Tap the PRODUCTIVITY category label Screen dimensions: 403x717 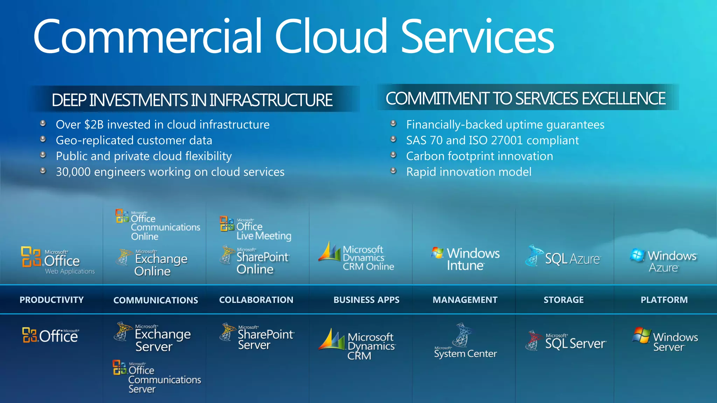(x=51, y=300)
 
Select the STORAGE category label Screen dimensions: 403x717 (x=564, y=300)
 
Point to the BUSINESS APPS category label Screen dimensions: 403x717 (x=366, y=300)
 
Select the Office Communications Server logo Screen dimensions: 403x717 (x=157, y=377)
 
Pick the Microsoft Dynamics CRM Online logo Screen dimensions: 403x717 (x=356, y=257)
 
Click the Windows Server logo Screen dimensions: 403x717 (x=664, y=340)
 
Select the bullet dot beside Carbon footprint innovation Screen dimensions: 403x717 (x=394, y=155)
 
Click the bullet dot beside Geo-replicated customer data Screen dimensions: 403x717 (x=43, y=139)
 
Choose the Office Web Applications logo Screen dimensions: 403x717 (x=58, y=261)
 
